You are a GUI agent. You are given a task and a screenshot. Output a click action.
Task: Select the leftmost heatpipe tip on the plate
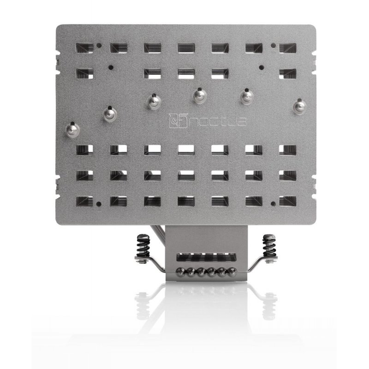72,128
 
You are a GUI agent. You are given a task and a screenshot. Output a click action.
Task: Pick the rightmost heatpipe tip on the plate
299,104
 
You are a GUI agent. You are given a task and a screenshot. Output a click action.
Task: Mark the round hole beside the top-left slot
99,46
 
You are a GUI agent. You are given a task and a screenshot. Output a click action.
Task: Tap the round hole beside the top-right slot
274,46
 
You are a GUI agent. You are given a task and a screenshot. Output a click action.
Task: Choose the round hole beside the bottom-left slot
99,203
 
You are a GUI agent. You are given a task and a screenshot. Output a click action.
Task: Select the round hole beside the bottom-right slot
274,203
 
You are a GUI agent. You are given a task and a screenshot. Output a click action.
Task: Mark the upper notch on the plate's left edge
58,61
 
